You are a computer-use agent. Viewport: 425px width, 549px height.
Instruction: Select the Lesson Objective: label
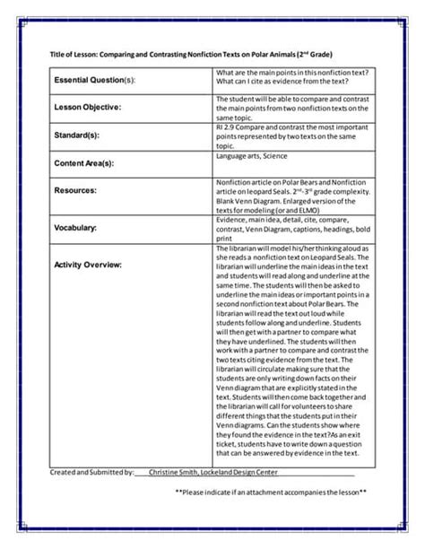[87, 108]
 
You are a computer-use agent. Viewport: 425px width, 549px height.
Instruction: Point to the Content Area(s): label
[84, 163]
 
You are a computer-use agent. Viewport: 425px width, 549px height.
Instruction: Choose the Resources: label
[76, 191]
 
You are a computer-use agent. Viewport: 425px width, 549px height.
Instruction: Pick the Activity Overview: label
[88, 265]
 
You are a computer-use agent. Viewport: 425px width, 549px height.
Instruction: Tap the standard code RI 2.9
[227, 127]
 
